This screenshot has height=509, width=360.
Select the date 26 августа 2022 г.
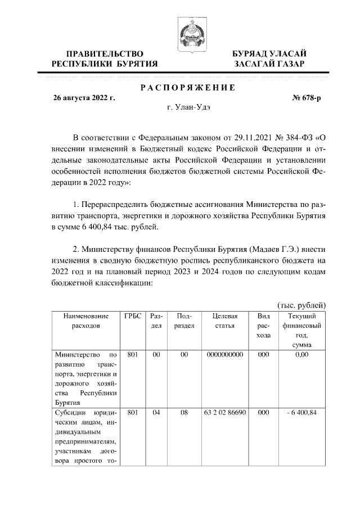point(84,97)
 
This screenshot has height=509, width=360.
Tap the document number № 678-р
point(308,97)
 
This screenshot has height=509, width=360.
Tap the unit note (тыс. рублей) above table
point(301,305)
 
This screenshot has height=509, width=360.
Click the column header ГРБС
point(133,316)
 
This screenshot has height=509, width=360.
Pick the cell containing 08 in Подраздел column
point(183,412)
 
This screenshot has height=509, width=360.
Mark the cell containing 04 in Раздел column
point(156,412)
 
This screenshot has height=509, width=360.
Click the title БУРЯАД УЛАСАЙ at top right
point(270,53)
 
